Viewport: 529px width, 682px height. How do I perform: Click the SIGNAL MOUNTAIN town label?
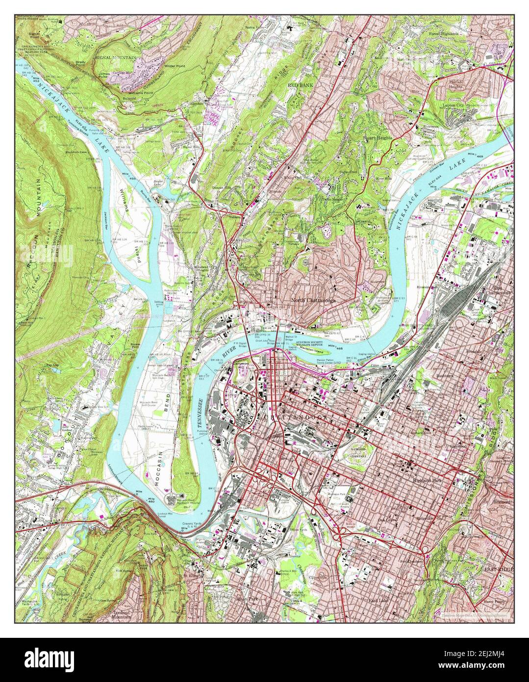click(116, 58)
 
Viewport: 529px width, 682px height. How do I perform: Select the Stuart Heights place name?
click(378, 138)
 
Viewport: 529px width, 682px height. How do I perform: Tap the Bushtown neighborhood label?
click(446, 376)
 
